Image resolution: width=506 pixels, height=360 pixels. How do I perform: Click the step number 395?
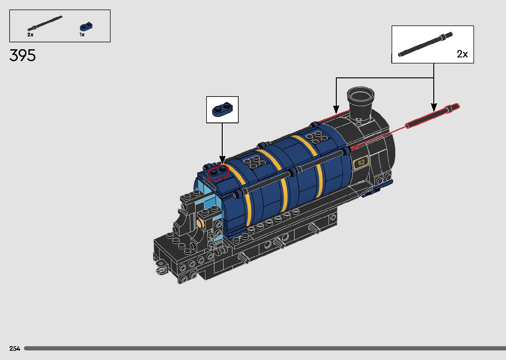(x=22, y=56)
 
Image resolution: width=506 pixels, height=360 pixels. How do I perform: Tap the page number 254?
(x=15, y=348)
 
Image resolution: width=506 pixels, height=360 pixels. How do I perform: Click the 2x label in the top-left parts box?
(x=30, y=35)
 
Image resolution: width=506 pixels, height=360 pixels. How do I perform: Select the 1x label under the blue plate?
(x=82, y=35)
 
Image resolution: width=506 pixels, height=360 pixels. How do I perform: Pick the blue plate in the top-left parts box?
(x=87, y=26)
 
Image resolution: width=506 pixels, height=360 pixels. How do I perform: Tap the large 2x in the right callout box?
(x=462, y=54)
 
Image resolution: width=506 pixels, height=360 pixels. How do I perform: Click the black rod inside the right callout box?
(x=425, y=44)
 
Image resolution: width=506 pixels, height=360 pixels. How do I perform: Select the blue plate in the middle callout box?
(x=222, y=109)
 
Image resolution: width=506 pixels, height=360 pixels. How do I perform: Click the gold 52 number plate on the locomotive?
(x=361, y=162)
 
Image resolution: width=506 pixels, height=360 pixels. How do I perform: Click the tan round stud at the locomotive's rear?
(x=200, y=223)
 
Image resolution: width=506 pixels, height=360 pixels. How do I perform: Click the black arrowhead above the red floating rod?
(x=434, y=107)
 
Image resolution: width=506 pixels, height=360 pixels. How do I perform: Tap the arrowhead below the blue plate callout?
(x=222, y=161)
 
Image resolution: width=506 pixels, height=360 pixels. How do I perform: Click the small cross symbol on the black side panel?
(x=333, y=218)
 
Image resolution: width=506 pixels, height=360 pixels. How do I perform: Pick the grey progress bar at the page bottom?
(x=264, y=348)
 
